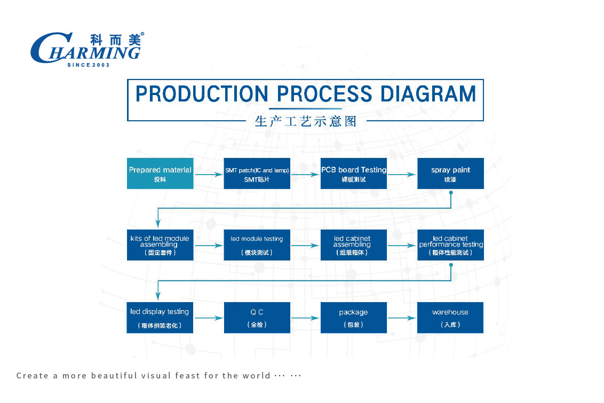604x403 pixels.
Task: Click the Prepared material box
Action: coord(160,173)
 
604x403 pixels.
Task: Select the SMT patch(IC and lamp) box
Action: coord(257,173)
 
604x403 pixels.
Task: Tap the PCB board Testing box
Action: coord(354,173)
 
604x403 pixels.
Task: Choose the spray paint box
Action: coord(450,173)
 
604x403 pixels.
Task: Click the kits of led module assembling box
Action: coord(160,245)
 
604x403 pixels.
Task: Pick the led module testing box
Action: coord(257,245)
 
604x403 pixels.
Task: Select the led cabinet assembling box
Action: coord(354,245)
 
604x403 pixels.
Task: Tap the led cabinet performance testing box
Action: coord(450,245)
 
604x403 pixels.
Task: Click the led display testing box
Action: coord(160,318)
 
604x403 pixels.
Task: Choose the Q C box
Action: coord(257,318)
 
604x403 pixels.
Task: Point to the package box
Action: coord(354,318)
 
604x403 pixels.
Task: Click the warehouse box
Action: coord(450,318)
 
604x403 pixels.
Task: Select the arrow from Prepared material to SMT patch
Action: coord(209,175)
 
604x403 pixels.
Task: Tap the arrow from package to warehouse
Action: coord(402,318)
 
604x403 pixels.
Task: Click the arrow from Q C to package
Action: coord(305,318)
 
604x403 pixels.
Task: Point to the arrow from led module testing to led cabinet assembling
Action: coord(305,246)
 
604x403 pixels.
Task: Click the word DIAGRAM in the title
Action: coord(428,94)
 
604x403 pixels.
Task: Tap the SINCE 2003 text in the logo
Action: coord(89,65)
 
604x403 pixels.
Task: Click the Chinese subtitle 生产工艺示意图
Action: coord(306,121)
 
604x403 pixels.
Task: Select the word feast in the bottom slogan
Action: coord(188,376)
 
